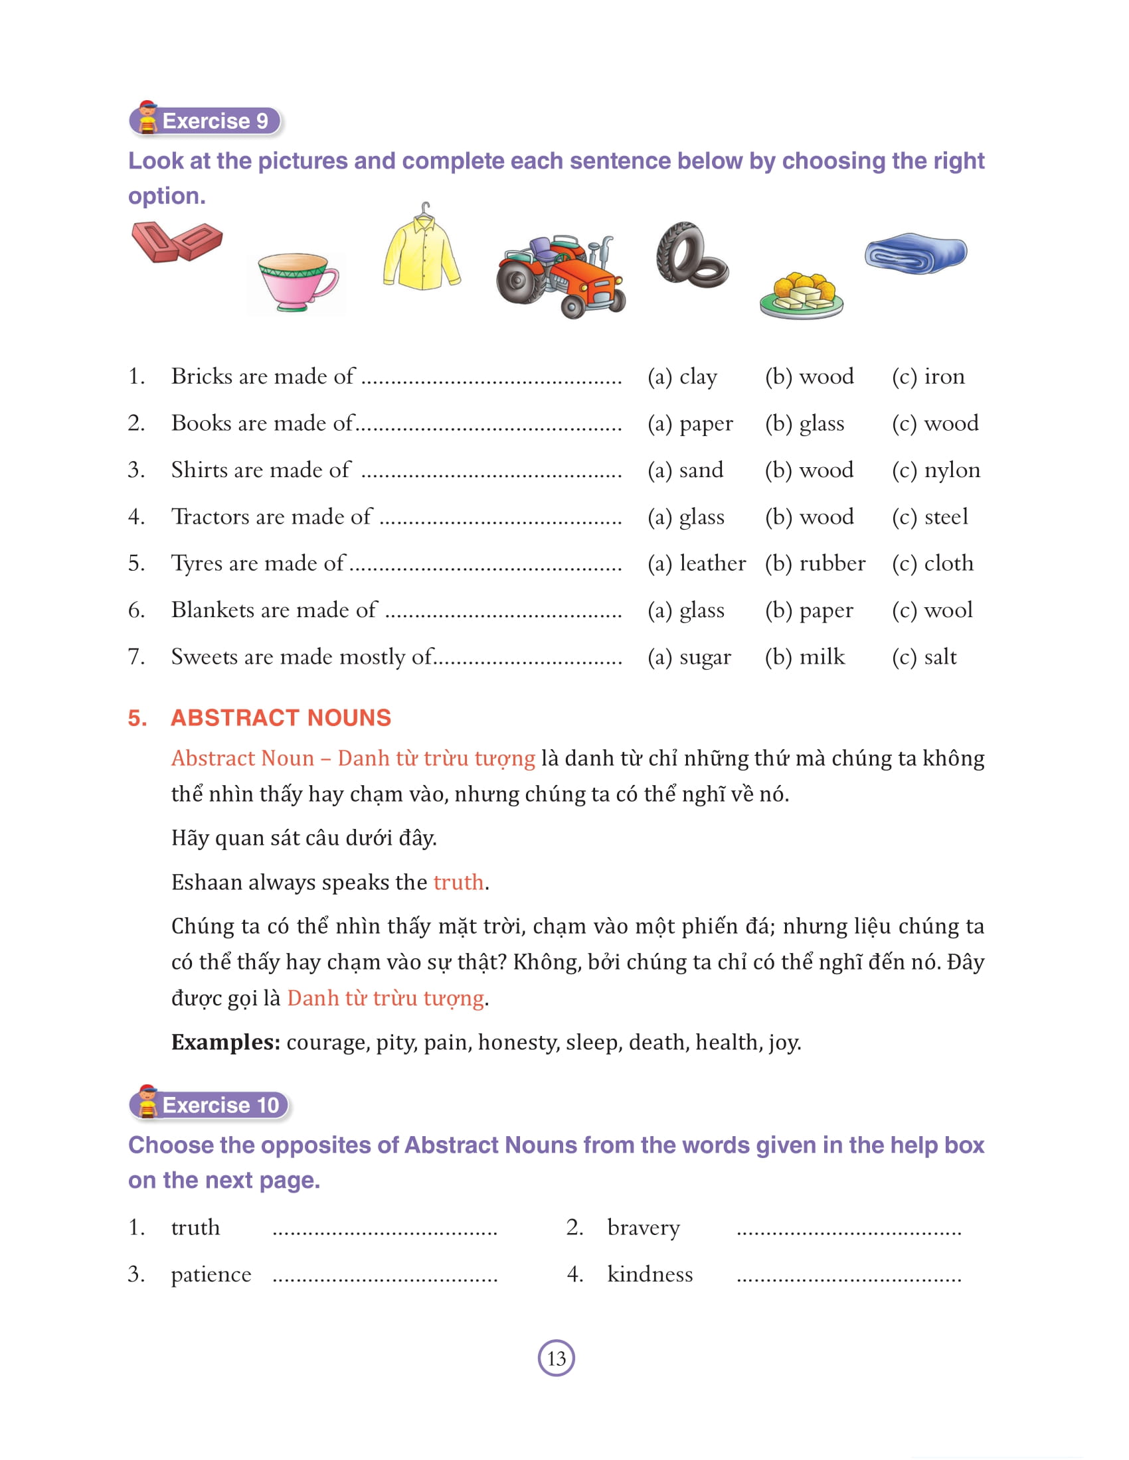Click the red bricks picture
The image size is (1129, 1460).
pyautogui.click(x=177, y=242)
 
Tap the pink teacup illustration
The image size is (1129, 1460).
pyautogui.click(x=296, y=281)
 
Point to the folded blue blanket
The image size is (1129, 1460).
pyautogui.click(x=915, y=253)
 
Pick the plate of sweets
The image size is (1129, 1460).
pyautogui.click(x=802, y=295)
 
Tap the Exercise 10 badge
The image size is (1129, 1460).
pyautogui.click(x=210, y=1104)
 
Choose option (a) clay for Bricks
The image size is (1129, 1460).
pyautogui.click(x=682, y=376)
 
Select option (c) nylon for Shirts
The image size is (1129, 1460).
pyautogui.click(x=936, y=470)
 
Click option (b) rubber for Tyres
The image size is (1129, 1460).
pyautogui.click(x=815, y=563)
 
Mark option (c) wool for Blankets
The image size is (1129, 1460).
pyautogui.click(x=932, y=610)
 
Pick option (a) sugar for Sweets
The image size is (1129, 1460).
pyautogui.click(x=689, y=656)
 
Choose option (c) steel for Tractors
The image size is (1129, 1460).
pyautogui.click(x=930, y=516)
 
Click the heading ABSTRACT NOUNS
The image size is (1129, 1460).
pyautogui.click(x=280, y=717)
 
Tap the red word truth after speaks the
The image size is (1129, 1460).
pyautogui.click(x=458, y=882)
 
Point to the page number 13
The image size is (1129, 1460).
pyautogui.click(x=556, y=1358)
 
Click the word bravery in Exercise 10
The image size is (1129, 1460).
pyautogui.click(x=644, y=1227)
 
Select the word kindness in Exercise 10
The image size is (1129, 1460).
pyautogui.click(x=650, y=1274)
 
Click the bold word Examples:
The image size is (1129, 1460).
pyautogui.click(x=225, y=1041)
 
